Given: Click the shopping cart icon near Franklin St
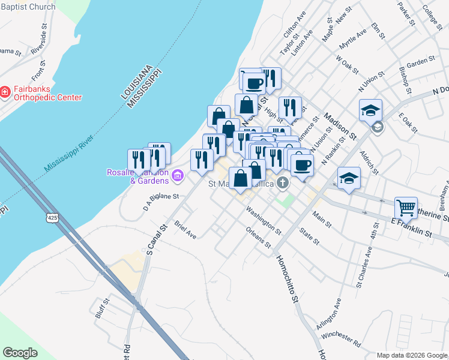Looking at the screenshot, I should coord(406,208).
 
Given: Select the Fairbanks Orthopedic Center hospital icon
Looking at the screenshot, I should coord(5,92).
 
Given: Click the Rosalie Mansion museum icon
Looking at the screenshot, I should coord(178,176).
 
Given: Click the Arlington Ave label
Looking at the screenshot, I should coord(329,313).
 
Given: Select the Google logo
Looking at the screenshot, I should coord(20,353).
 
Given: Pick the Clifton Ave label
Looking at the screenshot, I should coord(295,28).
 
